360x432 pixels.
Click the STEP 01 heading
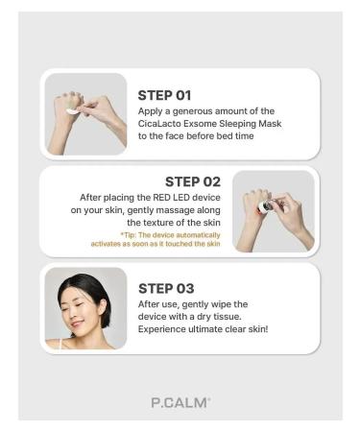164,95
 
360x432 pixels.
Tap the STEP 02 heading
193,181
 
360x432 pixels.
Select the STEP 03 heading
166,289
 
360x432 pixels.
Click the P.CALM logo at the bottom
180,402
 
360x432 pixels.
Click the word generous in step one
192,111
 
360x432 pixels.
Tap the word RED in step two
161,198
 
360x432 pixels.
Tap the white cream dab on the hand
71,111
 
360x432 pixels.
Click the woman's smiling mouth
77,324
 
